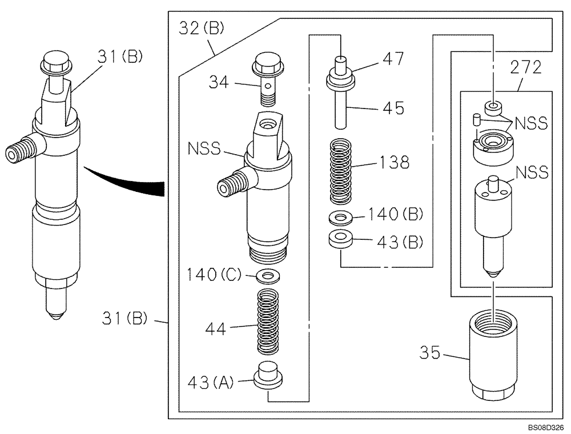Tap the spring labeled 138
pos(341,173)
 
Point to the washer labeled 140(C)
pos(267,277)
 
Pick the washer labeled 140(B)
pos(341,218)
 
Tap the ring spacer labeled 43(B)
pos(341,239)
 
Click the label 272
pos(525,68)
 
